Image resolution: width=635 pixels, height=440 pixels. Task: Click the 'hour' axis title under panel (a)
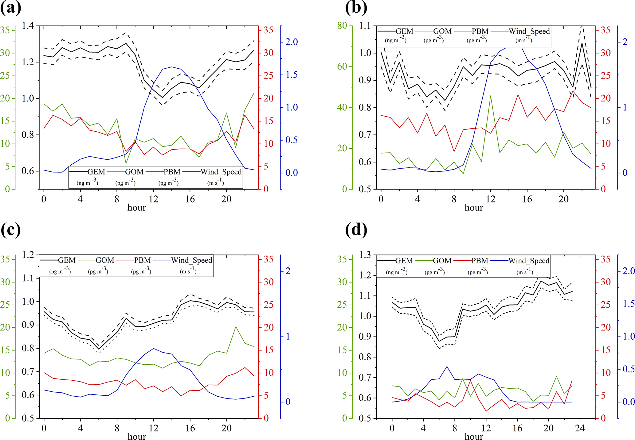[137, 208]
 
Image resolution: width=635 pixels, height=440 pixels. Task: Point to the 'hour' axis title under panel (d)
[474, 436]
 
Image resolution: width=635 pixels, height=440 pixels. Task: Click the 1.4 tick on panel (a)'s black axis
[28, 26]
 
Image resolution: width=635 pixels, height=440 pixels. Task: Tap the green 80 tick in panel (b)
[342, 26]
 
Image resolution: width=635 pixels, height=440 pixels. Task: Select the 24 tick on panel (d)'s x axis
[580, 428]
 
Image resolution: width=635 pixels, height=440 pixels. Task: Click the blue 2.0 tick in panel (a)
[292, 42]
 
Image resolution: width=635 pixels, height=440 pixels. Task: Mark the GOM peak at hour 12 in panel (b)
[491, 96]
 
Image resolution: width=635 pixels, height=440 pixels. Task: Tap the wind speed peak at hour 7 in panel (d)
[447, 366]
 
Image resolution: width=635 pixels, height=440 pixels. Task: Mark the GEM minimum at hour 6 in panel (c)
[99, 349]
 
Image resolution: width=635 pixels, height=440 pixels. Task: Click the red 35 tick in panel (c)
[269, 259]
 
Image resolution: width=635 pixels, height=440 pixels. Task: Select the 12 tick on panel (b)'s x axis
[491, 199]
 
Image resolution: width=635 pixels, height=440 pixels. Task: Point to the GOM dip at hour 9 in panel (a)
[126, 163]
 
